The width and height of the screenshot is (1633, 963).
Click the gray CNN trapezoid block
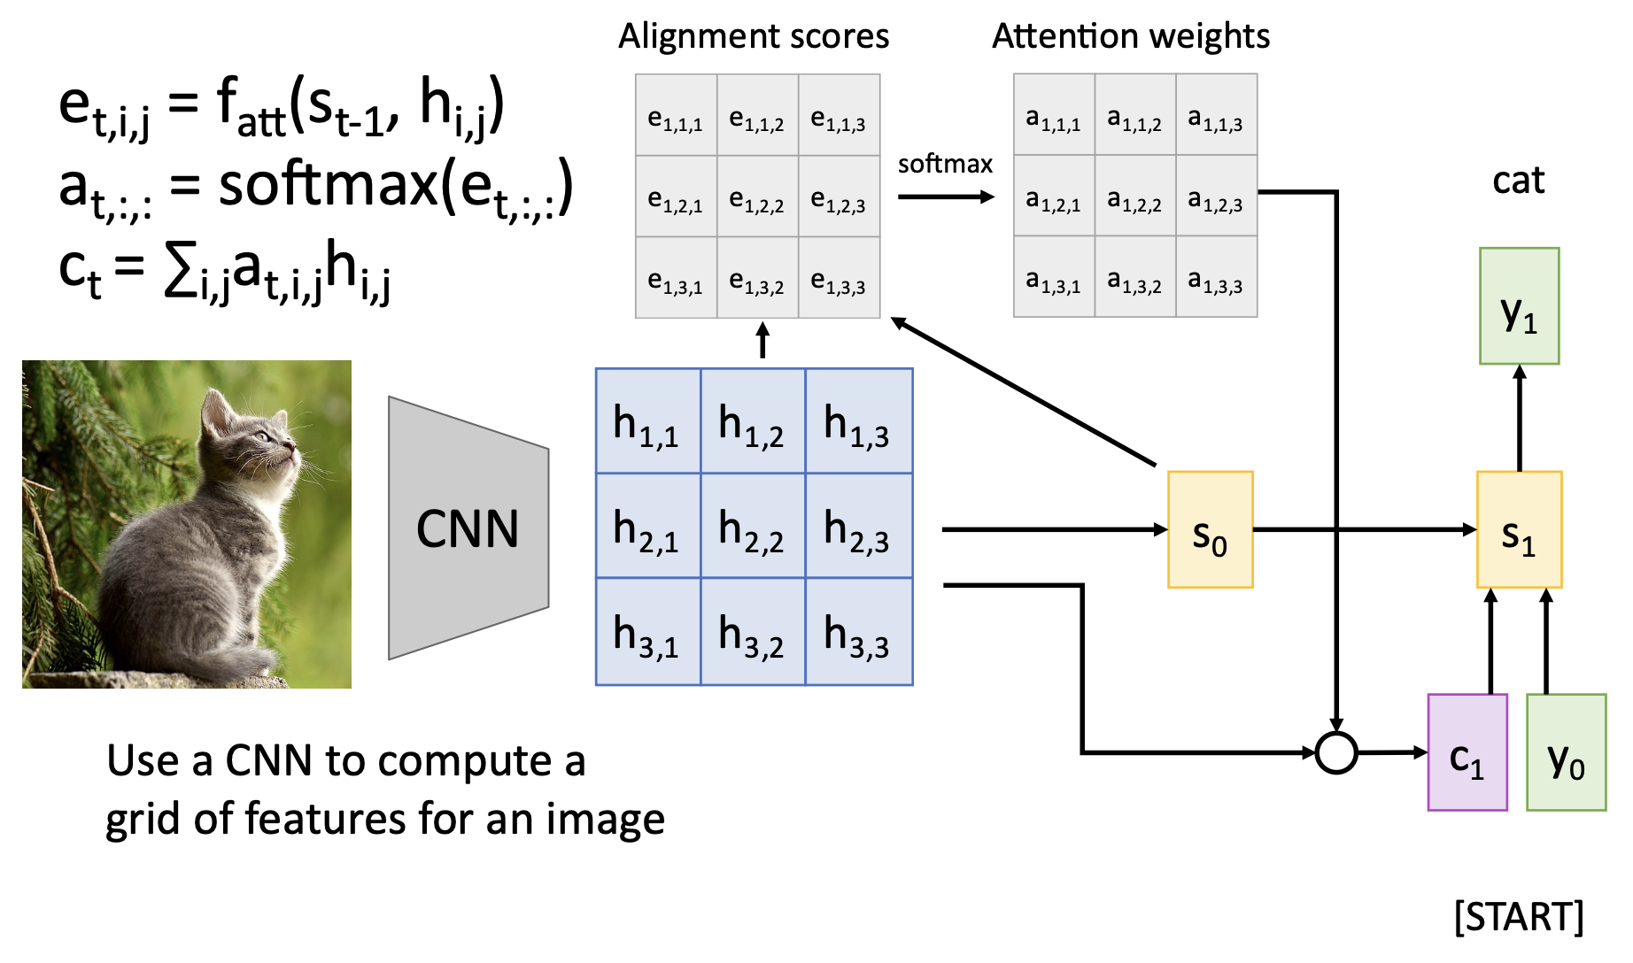[468, 528]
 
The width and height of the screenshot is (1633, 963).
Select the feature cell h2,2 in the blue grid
[753, 526]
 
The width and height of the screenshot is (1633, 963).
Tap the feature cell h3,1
[647, 632]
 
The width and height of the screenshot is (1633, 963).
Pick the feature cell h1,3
[858, 421]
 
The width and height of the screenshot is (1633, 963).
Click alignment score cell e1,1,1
[676, 116]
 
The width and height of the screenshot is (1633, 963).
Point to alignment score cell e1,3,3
[839, 278]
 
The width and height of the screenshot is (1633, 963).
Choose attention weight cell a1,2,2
[1134, 196]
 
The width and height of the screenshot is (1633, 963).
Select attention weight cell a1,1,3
[1216, 115]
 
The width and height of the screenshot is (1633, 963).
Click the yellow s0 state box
[1210, 529]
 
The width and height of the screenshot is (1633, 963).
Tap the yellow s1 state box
[1519, 529]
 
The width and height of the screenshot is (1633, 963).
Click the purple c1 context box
[1467, 752]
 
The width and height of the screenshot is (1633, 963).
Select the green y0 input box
[1566, 752]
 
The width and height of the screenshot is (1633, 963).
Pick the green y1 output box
[1519, 306]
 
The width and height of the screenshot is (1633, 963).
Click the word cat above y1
[1518, 181]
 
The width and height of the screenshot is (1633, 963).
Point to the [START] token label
[1518, 917]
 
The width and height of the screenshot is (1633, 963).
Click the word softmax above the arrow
[945, 165]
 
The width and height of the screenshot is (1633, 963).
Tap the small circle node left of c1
[1335, 753]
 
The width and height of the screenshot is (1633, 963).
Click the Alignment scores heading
[754, 36]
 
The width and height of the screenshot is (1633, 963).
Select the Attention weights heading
[1131, 36]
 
